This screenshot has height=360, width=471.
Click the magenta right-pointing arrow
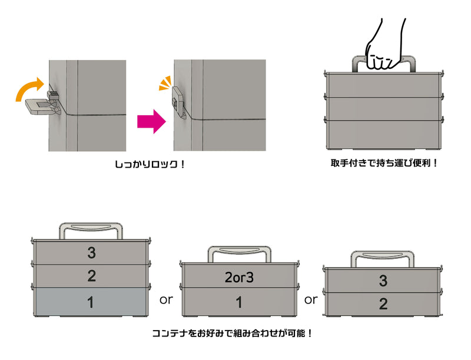click(150, 121)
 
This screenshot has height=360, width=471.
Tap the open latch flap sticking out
click(38, 106)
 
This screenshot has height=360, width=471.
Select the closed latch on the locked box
click(178, 101)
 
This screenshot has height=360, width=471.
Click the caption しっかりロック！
click(150, 165)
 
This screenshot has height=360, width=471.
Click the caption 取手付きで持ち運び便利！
click(384, 162)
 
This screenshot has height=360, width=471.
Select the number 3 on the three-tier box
click(91, 252)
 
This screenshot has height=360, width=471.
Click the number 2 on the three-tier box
click(91, 276)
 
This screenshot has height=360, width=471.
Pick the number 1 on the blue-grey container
click(91, 303)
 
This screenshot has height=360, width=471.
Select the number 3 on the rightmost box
click(383, 281)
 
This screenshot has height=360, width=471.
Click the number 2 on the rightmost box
click(383, 304)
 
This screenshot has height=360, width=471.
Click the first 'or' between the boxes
click(166, 299)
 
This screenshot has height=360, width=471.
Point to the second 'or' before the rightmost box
click(311, 299)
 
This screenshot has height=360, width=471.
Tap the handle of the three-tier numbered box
click(91, 228)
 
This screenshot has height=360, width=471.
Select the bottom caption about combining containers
click(233, 334)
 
